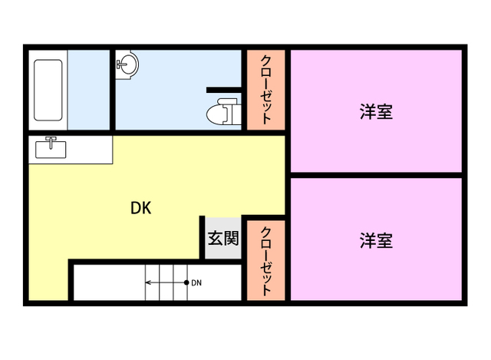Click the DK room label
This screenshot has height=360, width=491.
click(x=141, y=208)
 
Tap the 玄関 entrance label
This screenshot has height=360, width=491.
click(x=223, y=238)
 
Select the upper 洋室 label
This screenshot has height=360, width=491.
click(x=376, y=111)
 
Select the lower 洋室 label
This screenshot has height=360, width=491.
click(x=376, y=240)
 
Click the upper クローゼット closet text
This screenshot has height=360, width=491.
click(x=266, y=90)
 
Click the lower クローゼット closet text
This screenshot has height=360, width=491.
click(x=266, y=261)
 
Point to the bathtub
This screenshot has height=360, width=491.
click(x=48, y=91)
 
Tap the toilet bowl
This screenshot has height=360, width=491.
click(x=216, y=114)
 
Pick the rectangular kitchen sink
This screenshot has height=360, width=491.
click(x=51, y=150)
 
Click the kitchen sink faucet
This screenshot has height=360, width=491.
click(x=51, y=142)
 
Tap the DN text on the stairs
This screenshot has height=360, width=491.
click(x=196, y=283)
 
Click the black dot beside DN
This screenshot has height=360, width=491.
click(x=186, y=282)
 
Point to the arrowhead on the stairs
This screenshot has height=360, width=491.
click(x=148, y=282)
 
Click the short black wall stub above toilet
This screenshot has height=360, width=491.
click(x=224, y=90)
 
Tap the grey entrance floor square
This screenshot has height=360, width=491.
click(x=223, y=238)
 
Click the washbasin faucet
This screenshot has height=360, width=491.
click(x=121, y=64)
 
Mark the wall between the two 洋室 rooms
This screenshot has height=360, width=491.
click(x=376, y=175)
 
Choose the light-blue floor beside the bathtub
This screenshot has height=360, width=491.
click(x=89, y=90)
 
